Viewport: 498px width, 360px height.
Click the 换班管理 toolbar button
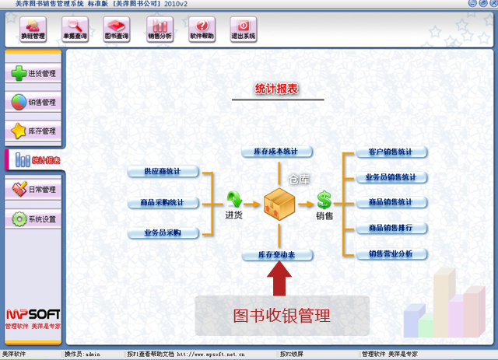32,30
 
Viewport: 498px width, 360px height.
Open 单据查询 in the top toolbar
74,30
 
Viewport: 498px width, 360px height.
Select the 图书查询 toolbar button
116,30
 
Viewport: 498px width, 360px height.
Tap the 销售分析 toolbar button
160,30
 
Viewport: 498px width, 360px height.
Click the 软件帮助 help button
202,30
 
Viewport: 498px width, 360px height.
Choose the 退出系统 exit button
244,30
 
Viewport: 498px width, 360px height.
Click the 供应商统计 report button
163,171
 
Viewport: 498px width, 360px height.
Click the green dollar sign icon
324,201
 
